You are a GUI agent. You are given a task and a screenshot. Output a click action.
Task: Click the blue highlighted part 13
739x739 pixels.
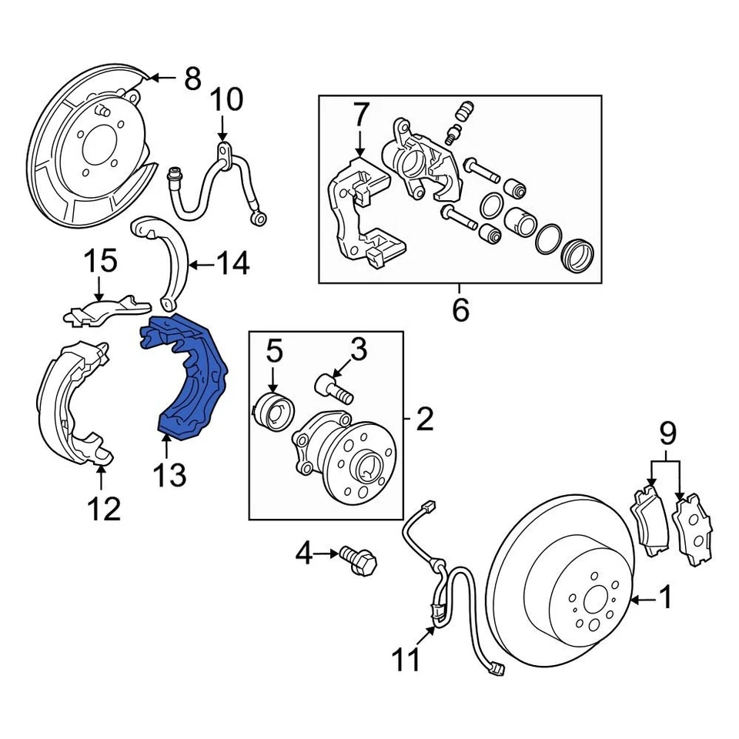pyautogui.click(x=192, y=377)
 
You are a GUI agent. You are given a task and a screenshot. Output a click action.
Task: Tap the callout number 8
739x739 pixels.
pyautogui.click(x=192, y=78)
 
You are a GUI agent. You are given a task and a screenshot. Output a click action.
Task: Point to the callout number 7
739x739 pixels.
pyautogui.click(x=361, y=115)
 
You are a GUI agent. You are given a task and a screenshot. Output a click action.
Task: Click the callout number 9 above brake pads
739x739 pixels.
pyautogui.click(x=667, y=434)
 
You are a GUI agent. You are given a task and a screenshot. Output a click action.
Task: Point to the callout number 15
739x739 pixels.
pyautogui.click(x=100, y=261)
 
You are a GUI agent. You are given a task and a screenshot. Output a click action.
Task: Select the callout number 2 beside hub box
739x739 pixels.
pyautogui.click(x=424, y=420)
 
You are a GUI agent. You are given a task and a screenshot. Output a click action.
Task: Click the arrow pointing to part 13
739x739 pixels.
pyautogui.click(x=166, y=443)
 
